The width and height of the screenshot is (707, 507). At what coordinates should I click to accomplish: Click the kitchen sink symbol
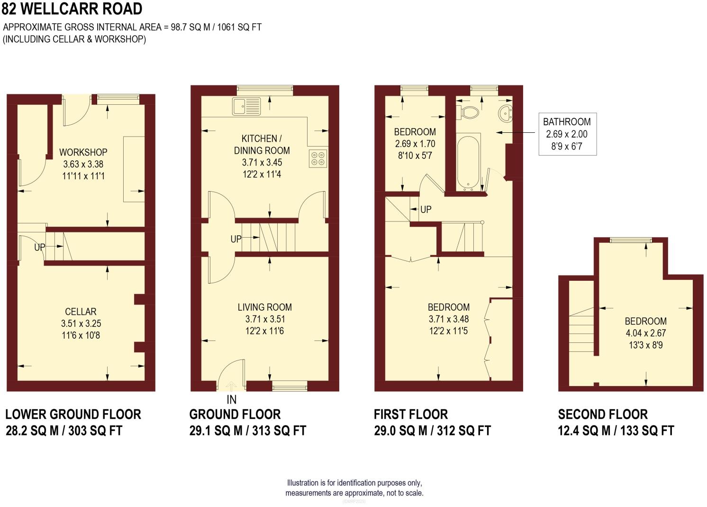point(246,106)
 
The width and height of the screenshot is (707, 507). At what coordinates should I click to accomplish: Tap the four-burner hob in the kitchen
point(318,158)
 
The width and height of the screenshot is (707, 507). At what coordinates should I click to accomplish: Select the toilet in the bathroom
point(469,112)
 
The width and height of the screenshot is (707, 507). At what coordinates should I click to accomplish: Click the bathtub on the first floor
point(468,161)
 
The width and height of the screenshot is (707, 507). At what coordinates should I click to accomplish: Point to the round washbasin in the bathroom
point(506,113)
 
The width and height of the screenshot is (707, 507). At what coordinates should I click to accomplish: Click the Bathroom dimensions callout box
point(567,134)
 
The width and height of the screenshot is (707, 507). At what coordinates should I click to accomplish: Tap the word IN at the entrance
point(232,399)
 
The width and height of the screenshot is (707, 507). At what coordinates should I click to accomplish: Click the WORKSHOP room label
point(83,152)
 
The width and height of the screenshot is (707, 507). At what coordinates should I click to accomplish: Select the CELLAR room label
point(81,312)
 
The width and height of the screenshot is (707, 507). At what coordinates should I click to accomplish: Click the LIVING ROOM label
point(264,307)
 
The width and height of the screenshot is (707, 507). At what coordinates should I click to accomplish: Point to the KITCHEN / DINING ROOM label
point(262,144)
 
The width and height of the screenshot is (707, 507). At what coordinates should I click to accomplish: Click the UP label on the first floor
point(426,209)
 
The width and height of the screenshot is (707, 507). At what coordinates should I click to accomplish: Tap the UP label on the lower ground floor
point(40,247)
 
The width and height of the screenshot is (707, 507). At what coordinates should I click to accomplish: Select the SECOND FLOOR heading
point(602,415)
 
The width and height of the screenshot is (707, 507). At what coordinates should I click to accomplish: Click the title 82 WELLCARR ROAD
point(72,9)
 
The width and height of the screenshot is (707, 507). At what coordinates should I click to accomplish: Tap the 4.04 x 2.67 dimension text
point(645,333)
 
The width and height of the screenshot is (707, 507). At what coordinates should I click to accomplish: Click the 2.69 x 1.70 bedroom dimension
point(415,144)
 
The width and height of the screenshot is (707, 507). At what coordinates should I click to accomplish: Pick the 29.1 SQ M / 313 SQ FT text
point(247,431)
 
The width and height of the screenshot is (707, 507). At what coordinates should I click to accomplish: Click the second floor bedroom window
point(630,240)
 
